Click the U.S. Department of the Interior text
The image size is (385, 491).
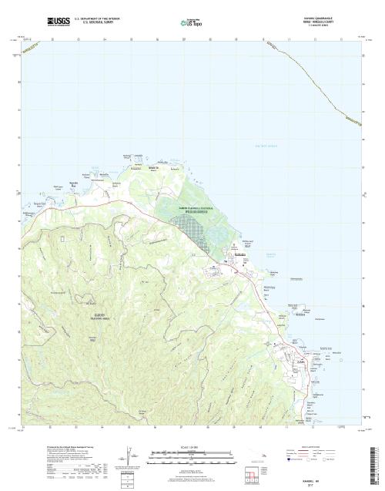point(94,18)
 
